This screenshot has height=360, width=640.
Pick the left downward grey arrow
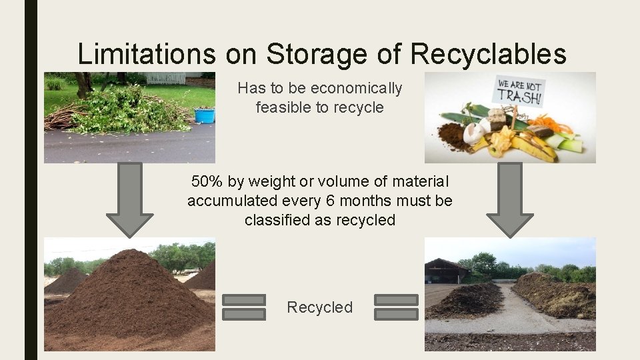click(x=129, y=198)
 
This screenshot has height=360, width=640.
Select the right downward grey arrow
click(x=510, y=199)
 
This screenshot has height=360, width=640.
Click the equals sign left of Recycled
click(x=243, y=307)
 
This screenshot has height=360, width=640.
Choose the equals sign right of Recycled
click(x=396, y=307)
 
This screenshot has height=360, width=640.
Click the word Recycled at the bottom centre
click(x=319, y=307)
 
